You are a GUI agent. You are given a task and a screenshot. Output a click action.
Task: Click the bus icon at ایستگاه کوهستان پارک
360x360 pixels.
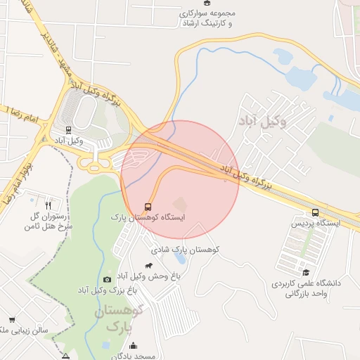148,207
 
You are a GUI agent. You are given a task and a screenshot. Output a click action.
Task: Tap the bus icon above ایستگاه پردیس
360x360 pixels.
314,212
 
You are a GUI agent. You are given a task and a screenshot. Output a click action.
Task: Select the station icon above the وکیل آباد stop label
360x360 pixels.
69,129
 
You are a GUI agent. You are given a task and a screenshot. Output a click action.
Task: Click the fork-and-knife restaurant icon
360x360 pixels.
48,206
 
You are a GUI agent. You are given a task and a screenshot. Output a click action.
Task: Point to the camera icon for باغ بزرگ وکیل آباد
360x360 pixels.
107,279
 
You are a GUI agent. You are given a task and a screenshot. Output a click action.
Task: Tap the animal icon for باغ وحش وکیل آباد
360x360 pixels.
149,266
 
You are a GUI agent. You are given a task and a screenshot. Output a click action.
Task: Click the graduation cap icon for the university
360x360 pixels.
305,272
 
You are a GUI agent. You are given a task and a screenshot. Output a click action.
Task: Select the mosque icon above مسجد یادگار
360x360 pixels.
134,346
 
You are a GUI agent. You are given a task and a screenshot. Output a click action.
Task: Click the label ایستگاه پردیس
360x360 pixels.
315,224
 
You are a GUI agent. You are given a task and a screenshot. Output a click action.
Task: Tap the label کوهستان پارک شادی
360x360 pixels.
186,250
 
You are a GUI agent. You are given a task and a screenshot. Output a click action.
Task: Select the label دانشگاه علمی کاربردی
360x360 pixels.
309,283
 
